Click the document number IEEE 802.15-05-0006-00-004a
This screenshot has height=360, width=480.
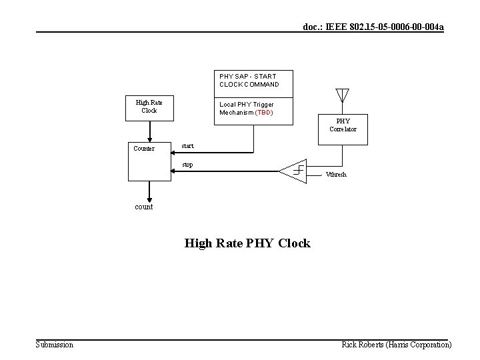click(373, 27)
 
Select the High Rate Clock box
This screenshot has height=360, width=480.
click(149, 107)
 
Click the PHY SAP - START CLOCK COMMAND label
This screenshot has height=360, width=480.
click(249, 81)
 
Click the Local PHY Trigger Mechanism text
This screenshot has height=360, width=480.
click(246, 108)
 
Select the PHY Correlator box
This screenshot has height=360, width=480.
click(343, 125)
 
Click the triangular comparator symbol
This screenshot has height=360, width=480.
click(294, 171)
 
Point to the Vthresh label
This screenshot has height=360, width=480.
click(336, 175)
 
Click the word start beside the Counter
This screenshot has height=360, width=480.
click(187, 145)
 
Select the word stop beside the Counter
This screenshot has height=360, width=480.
click(187, 164)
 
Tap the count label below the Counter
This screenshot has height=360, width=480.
click(144, 207)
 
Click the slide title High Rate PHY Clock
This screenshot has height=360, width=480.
click(247, 243)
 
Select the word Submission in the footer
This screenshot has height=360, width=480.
click(55, 345)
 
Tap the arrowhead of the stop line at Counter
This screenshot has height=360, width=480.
click(175, 171)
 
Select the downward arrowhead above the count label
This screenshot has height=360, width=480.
click(149, 198)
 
